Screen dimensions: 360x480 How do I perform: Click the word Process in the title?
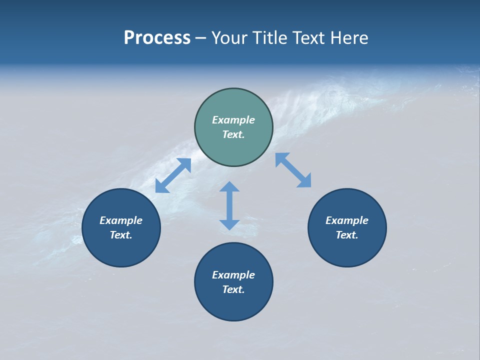point(157,38)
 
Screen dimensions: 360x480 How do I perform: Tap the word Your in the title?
point(230,38)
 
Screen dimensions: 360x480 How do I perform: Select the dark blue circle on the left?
point(121,250)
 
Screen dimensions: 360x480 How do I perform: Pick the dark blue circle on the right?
point(347,250)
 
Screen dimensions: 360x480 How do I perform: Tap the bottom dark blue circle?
point(233,305)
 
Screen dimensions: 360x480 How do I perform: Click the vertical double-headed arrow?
point(229,205)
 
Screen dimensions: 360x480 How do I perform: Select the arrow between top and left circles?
point(173,175)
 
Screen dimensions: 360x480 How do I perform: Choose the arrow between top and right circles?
point(293,170)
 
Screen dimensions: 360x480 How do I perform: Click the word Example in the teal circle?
point(233,120)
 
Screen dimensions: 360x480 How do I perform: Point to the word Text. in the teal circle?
point(233,134)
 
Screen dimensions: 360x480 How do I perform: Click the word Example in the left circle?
point(121,220)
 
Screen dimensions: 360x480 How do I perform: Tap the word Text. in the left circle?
point(121,235)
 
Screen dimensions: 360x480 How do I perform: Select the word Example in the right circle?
point(347,220)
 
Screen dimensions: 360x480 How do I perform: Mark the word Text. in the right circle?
point(347,235)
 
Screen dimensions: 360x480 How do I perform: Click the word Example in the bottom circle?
point(233,275)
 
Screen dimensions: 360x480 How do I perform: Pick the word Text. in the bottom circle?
point(233,289)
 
